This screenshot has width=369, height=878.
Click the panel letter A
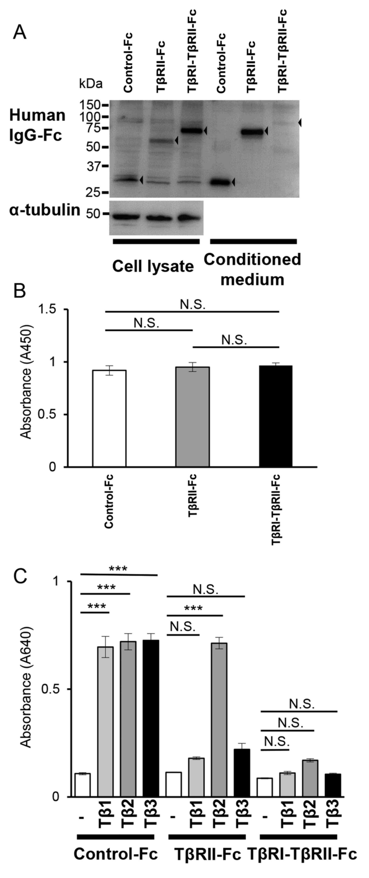point(19,33)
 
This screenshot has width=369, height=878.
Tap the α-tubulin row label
point(44,210)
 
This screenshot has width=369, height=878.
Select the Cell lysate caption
point(153,266)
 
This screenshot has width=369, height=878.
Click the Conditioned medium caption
point(252,269)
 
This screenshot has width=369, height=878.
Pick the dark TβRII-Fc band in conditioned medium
point(253,131)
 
